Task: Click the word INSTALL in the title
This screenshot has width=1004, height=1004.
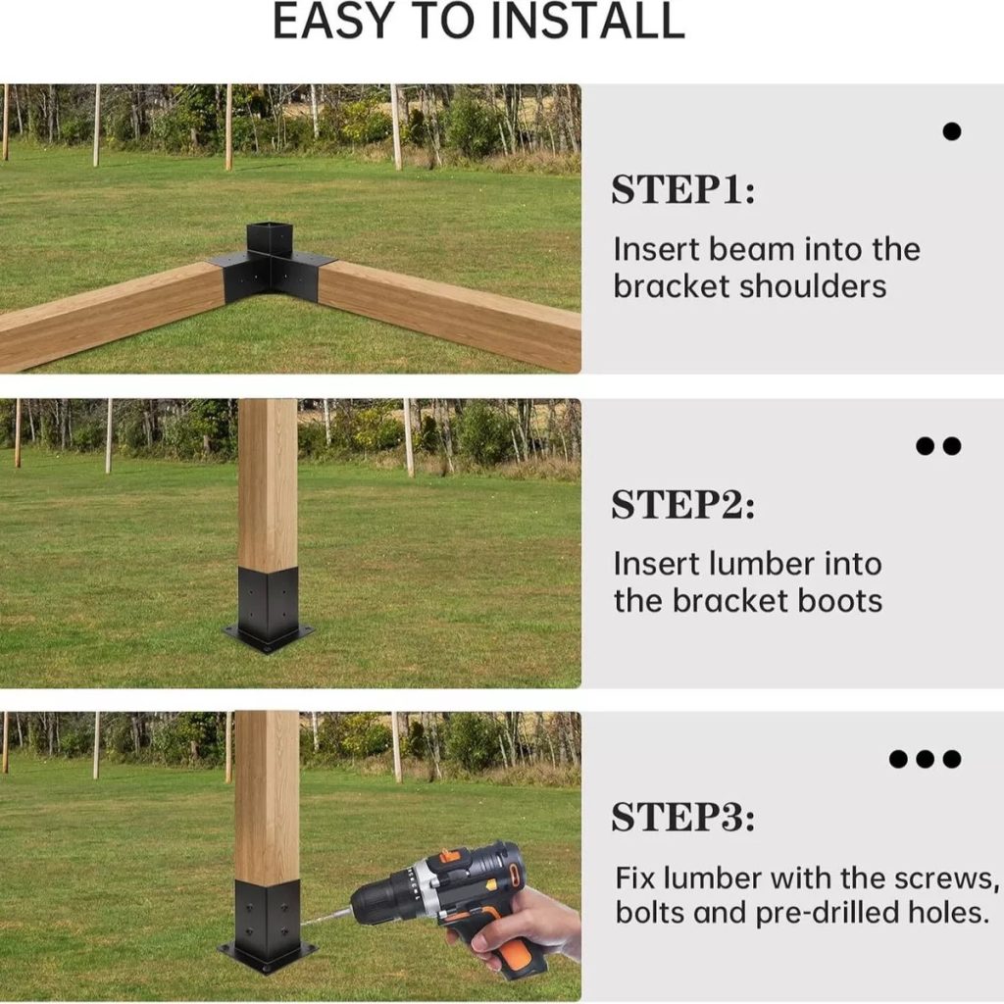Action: point(588,22)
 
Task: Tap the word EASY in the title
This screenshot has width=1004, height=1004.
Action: point(333,22)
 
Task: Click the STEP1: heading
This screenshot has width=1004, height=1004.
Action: point(682,190)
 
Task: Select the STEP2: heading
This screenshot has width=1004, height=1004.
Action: point(682,505)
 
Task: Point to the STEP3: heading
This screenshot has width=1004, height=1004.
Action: point(682,818)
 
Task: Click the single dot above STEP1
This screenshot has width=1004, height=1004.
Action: point(952,131)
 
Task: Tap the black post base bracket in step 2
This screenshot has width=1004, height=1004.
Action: point(268,608)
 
